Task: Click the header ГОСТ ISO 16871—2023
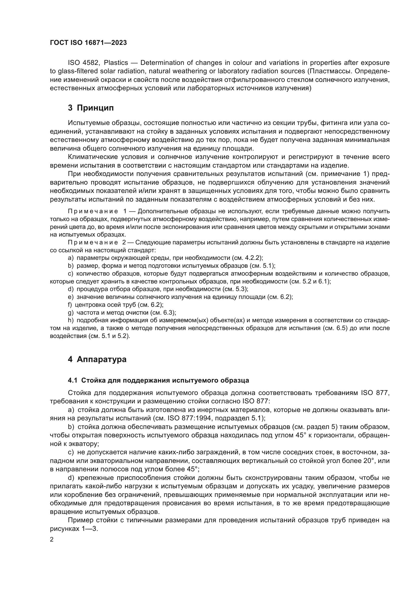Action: click(x=88, y=43)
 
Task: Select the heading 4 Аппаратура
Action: click(x=97, y=359)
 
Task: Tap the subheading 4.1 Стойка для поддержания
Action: click(x=158, y=381)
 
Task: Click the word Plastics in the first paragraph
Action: click(x=116, y=63)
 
